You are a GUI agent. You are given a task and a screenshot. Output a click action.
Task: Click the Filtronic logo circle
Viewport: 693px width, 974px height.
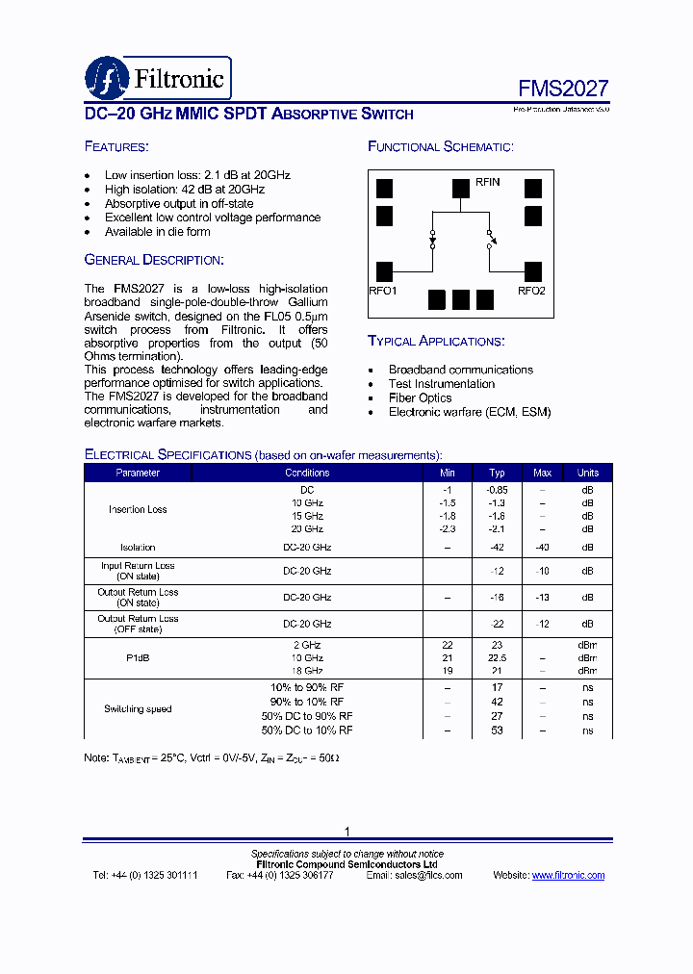(106, 79)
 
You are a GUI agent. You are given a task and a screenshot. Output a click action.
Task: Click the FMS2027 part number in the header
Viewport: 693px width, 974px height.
(563, 89)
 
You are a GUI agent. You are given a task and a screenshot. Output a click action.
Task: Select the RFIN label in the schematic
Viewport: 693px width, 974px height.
(487, 183)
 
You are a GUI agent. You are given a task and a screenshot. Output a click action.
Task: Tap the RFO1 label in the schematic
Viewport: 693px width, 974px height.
(382, 291)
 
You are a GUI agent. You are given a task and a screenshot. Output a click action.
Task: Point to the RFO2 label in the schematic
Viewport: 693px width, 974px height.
(531, 291)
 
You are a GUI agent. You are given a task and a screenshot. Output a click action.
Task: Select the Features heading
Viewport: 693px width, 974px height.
(116, 146)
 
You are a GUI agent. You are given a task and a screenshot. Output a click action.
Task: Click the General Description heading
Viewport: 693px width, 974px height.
(154, 260)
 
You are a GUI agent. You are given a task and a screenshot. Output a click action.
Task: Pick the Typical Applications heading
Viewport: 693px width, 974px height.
(436, 341)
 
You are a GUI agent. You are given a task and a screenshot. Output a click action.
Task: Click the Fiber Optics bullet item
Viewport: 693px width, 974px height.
(420, 397)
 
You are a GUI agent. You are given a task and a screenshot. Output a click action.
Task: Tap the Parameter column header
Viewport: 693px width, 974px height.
(138, 473)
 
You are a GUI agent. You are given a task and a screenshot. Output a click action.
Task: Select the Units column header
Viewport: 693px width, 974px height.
(587, 473)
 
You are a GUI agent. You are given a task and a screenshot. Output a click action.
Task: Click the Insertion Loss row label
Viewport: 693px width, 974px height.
(138, 509)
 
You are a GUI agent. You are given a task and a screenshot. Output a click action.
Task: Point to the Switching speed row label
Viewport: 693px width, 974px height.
(138, 709)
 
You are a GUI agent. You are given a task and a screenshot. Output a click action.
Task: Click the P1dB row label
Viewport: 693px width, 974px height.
(138, 658)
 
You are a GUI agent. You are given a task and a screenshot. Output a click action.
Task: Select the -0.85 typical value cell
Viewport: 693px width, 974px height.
(497, 489)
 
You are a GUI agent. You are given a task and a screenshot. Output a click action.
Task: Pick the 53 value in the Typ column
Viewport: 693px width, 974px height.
(497, 730)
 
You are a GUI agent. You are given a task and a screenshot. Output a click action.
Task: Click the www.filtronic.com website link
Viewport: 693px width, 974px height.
(568, 875)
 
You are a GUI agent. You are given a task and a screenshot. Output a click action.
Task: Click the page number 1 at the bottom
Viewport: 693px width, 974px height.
(346, 832)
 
